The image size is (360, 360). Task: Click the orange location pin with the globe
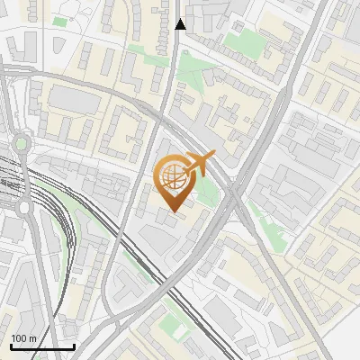coord(175,180)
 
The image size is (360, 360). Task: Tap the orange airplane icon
coord(199,166)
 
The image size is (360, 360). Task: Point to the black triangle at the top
coord(181,24)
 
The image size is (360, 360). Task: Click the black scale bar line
coord(42,346)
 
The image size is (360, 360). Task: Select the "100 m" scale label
coord(23,337)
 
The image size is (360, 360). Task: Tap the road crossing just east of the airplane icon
coord(233,184)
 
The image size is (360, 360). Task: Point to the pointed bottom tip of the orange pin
coord(175,212)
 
